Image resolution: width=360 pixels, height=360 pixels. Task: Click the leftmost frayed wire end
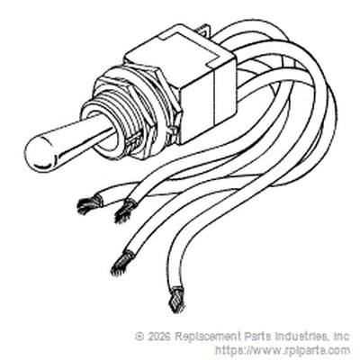click(88, 204)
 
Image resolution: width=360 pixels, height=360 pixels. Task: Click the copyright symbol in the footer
click(139, 337)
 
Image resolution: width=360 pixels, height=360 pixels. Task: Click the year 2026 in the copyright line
click(158, 337)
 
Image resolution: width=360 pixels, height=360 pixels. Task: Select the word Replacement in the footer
click(204, 337)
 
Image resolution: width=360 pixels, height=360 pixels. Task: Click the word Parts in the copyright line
click(251, 337)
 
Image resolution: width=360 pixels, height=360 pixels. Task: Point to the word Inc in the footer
click(341, 337)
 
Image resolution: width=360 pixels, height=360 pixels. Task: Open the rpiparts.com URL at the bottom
click(282, 350)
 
